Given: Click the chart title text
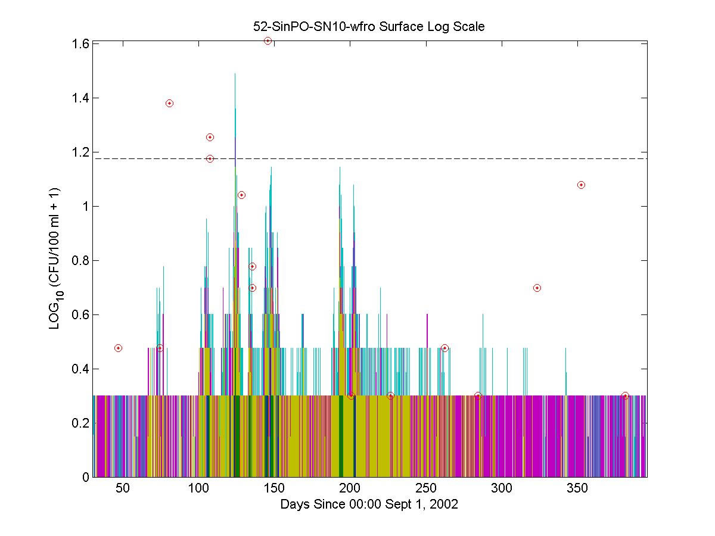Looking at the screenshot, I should pos(369,27).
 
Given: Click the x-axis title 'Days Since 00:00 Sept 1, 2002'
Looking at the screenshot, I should pos(369,504).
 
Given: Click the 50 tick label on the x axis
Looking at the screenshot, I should pos(123,488).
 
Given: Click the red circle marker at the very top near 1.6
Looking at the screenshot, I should pos(268,40).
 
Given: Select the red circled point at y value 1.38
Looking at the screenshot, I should pos(169,103).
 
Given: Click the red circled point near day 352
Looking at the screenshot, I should pos(581,185).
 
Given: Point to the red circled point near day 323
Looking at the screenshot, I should pos(537,288).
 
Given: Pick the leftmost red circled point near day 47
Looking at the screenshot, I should pos(118,348).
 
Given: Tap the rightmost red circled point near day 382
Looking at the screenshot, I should pos(625,395).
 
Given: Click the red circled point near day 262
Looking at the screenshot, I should pos(444,348).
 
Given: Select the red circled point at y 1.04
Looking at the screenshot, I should pos(241,195).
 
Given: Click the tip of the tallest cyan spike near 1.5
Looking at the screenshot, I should pos(235,74).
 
